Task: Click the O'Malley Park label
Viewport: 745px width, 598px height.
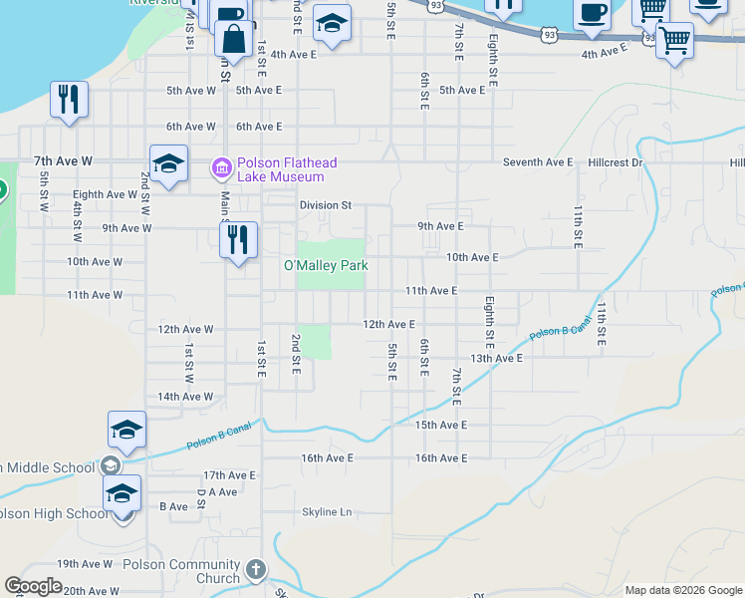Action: [x=326, y=266]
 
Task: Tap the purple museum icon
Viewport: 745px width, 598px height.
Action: [x=221, y=165]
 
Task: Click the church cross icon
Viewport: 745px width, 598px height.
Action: [x=256, y=570]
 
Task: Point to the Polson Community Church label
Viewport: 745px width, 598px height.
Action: [x=176, y=571]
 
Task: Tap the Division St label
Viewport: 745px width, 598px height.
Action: [x=326, y=205]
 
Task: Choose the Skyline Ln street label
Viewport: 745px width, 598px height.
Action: [x=328, y=512]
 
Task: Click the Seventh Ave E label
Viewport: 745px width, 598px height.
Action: [x=538, y=161]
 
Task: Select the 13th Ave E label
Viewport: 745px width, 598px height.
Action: [x=496, y=358]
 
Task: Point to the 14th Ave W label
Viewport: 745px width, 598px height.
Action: [x=184, y=397]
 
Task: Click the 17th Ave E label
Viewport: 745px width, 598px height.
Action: [x=229, y=475]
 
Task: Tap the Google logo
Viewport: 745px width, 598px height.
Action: [x=33, y=586]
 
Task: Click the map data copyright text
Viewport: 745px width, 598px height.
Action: [x=682, y=590]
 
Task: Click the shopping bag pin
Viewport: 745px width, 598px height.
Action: [x=233, y=41]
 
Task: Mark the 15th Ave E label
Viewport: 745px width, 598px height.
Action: [x=441, y=425]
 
